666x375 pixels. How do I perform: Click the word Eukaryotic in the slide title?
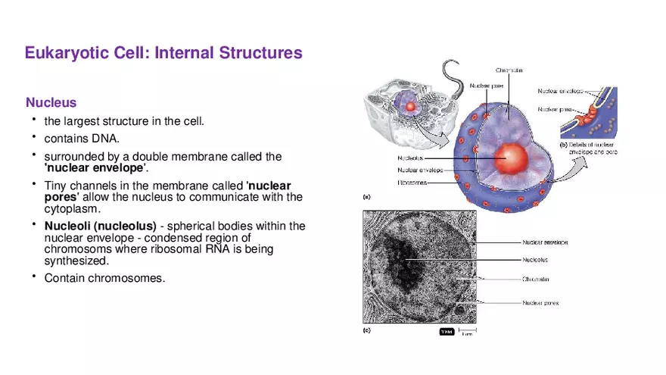[x=64, y=53]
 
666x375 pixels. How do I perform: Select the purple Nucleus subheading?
[x=51, y=102]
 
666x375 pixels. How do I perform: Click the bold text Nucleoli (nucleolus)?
[x=100, y=226]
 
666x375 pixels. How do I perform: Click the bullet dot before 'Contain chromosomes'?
[x=33, y=277]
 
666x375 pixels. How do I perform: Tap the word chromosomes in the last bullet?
[x=126, y=278]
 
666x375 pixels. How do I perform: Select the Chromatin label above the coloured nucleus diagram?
[x=509, y=70]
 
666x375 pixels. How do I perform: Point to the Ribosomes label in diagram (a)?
[x=412, y=182]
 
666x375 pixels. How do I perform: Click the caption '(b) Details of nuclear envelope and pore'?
[x=588, y=148]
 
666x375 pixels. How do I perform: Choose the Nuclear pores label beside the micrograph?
[x=540, y=303]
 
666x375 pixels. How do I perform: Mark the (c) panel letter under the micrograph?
[x=368, y=330]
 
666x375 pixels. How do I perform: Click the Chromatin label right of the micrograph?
[x=536, y=279]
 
